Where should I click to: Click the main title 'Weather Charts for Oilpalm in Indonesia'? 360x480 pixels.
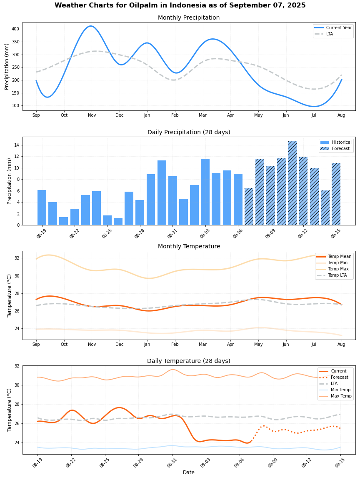click(180, 5)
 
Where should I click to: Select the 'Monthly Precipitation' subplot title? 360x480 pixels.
click(189, 18)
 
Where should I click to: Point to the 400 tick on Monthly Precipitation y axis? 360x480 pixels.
click(15, 29)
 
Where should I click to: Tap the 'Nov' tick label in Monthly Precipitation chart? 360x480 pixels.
click(92, 115)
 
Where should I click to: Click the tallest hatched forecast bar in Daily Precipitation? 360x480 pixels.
click(292, 183)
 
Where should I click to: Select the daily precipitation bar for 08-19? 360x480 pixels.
click(42, 207)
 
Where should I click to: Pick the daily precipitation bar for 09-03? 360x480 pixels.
click(205, 192)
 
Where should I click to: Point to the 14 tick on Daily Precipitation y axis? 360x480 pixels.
click(17, 145)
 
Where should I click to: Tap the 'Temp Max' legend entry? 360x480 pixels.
click(338, 269)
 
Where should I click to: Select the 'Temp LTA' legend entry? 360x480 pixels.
click(338, 275)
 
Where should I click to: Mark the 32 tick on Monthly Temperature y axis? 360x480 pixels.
click(17, 258)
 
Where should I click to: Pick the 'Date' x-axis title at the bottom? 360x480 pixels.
click(189, 472)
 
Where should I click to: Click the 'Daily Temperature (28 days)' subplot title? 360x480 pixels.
click(189, 361)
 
